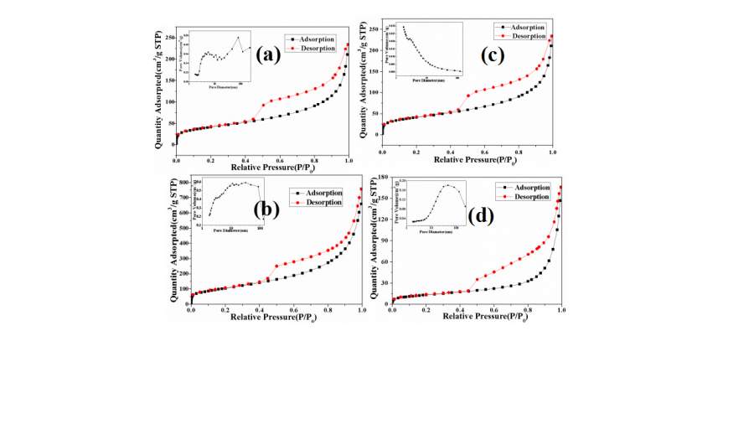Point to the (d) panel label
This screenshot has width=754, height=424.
[x=480, y=215]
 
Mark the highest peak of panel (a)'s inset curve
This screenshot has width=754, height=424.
[x=238, y=37]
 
